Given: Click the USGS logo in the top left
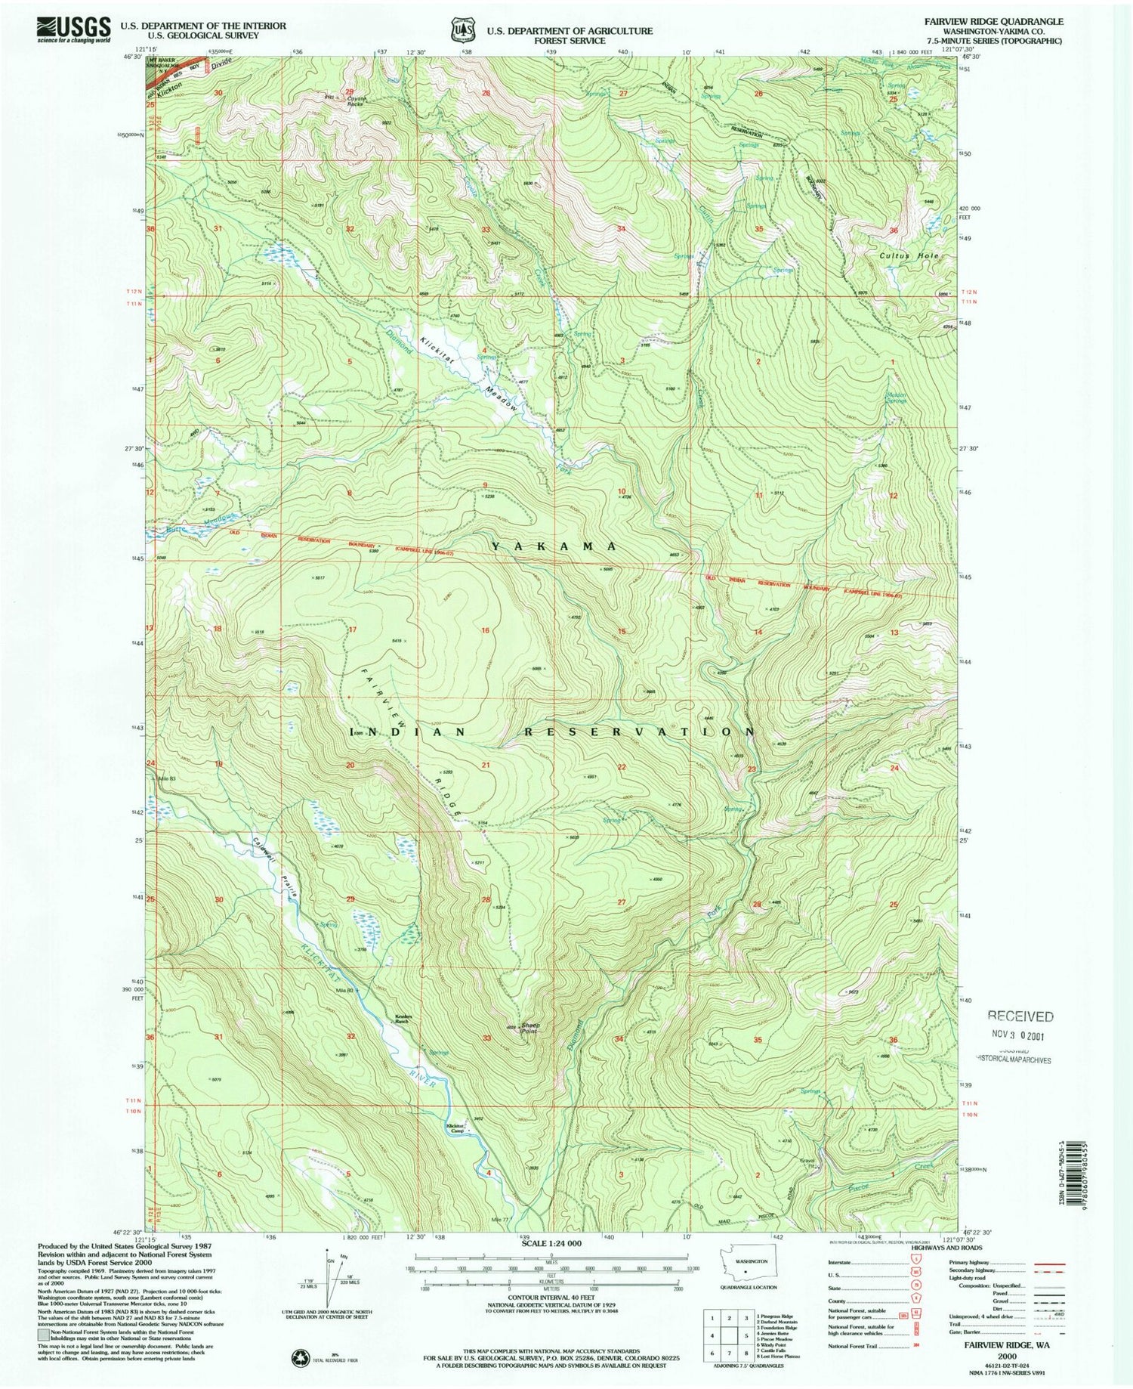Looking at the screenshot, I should click(73, 30).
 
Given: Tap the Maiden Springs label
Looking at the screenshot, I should click(896, 397).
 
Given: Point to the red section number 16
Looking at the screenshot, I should click(486, 630).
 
